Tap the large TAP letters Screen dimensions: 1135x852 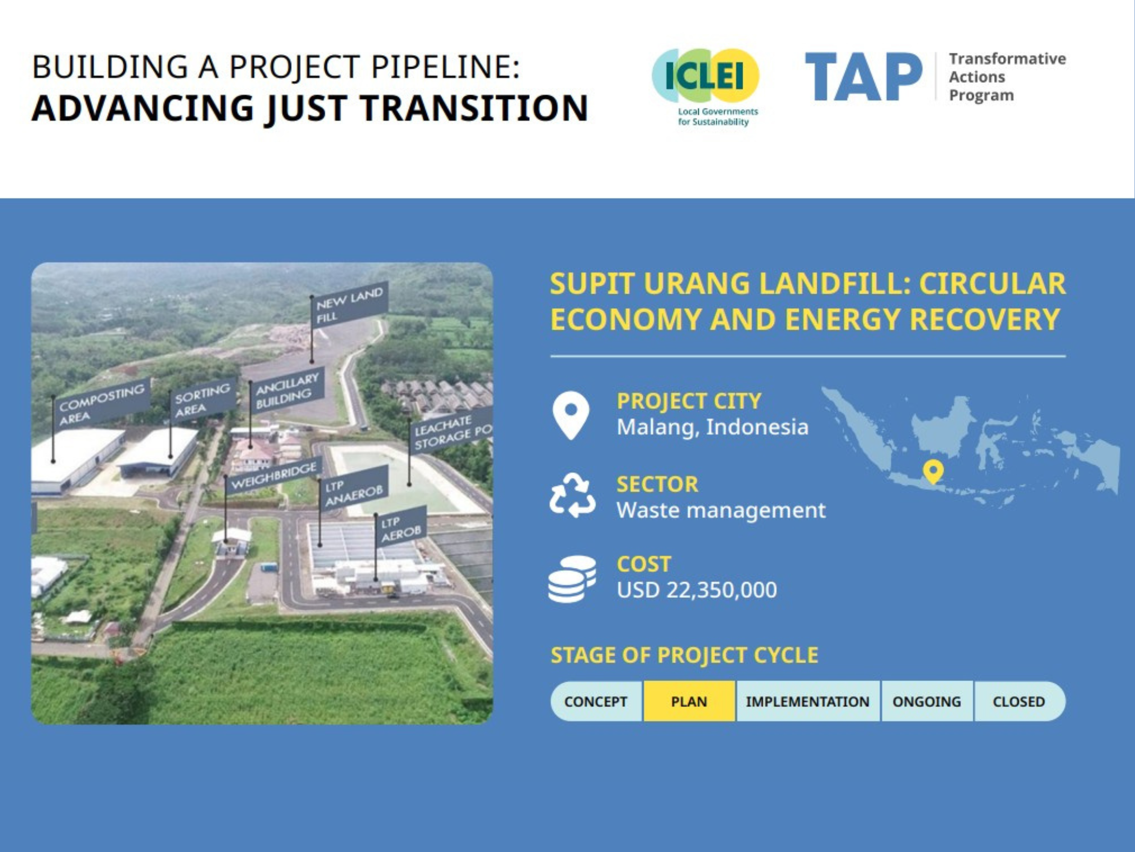pyautogui.click(x=863, y=77)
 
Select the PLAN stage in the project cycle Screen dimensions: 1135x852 pyautogui.click(x=689, y=702)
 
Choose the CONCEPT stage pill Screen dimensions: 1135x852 pyautogui.click(x=596, y=702)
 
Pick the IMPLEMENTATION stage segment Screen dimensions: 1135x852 pyautogui.click(x=808, y=702)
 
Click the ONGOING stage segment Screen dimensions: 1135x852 pyautogui.click(x=927, y=702)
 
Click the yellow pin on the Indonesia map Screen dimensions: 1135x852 pyautogui.click(x=933, y=471)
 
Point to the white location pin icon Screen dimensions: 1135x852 pyautogui.click(x=571, y=414)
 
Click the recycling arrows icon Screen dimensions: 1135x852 pyautogui.click(x=572, y=496)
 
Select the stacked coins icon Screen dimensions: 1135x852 pyautogui.click(x=572, y=579)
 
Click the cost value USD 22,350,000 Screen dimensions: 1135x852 pyautogui.click(x=697, y=590)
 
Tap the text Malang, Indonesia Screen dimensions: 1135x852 pyautogui.click(x=712, y=427)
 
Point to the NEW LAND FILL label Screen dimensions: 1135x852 pyautogui.click(x=349, y=305)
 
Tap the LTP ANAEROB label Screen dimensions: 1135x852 pyautogui.click(x=354, y=488)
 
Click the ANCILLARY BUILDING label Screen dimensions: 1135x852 pyautogui.click(x=286, y=390)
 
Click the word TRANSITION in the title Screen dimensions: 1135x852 pyautogui.click(x=474, y=108)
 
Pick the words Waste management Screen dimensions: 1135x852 pyautogui.click(x=721, y=510)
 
